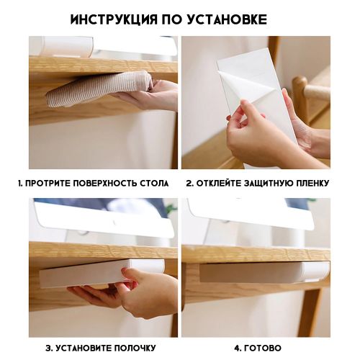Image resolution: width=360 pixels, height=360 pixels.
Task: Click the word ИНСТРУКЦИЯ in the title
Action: [113, 19]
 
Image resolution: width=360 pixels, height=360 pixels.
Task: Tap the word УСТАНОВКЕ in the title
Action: [227, 19]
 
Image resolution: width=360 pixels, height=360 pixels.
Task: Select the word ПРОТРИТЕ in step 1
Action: [48, 184]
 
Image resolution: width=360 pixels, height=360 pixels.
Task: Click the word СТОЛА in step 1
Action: [154, 184]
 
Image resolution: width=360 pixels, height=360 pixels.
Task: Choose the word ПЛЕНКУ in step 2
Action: [312, 184]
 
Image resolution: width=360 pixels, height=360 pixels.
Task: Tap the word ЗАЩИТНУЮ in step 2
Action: [269, 184]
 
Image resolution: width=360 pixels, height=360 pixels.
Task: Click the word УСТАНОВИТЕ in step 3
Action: [83, 348]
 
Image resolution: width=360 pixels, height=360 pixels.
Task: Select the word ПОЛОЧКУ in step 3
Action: [135, 348]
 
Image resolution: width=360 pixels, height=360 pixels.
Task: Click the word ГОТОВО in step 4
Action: [263, 348]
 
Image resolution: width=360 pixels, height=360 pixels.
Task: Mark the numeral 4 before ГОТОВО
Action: [236, 348]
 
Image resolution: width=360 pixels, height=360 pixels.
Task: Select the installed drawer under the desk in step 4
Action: [264, 272]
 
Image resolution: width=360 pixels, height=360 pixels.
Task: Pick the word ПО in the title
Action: [171, 19]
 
